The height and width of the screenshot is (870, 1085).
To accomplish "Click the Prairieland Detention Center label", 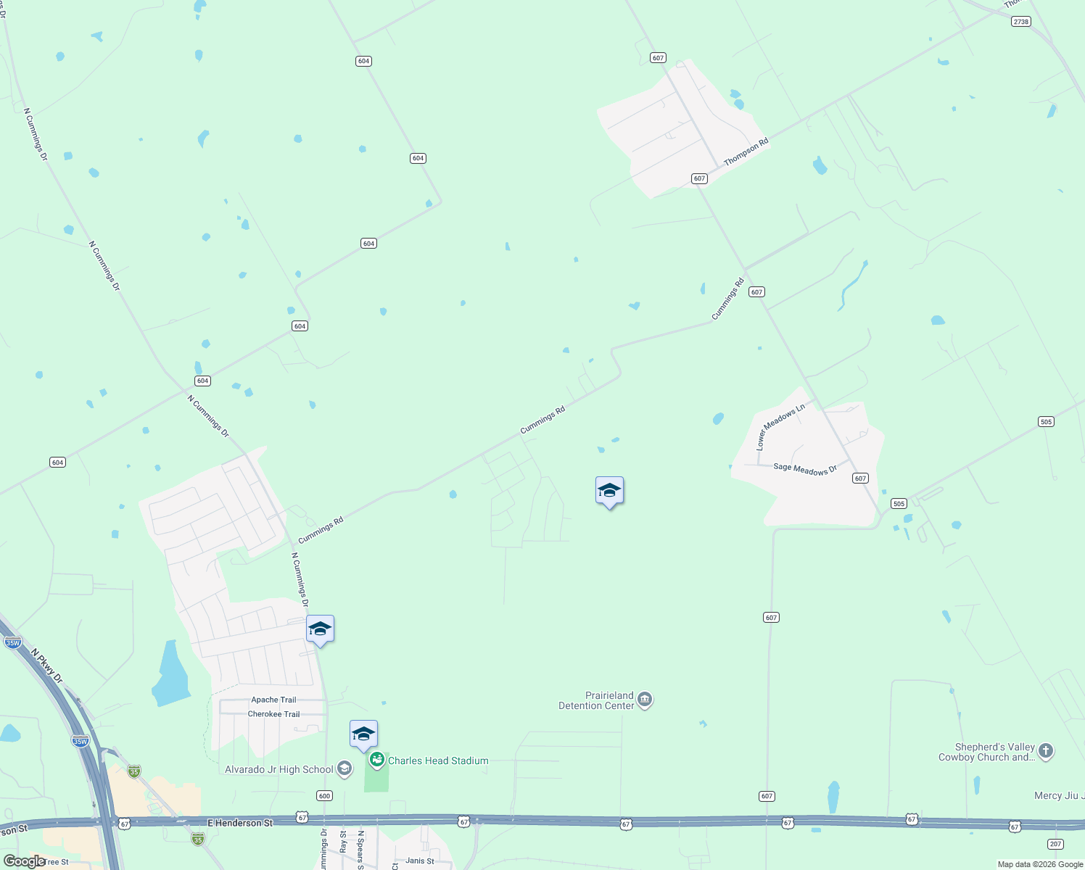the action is coord(596,700).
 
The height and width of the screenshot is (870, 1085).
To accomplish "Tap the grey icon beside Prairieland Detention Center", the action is coord(645,700).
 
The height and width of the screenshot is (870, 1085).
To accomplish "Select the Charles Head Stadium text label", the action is coord(438,761).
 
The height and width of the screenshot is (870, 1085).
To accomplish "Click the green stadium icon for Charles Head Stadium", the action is coord(376,760).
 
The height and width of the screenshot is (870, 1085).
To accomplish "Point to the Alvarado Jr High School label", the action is coord(279,769).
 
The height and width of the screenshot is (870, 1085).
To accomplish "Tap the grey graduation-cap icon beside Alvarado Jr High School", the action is coord(345,768).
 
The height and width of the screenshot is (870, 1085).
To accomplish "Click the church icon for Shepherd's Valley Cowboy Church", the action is coord(1045,751).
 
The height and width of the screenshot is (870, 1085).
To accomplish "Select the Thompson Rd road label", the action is coord(746,152).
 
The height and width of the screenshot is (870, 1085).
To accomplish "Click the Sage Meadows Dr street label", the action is coord(805,469).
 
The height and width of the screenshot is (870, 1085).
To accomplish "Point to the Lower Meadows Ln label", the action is coord(780,427).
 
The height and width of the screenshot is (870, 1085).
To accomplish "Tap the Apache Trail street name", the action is coord(273,700).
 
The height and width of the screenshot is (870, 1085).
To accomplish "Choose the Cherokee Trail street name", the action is coord(273,714).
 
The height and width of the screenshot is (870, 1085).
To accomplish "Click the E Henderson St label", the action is coord(240,823).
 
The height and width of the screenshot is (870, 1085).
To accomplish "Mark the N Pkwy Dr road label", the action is coord(47,666).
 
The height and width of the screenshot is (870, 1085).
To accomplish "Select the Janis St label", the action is coord(420,861).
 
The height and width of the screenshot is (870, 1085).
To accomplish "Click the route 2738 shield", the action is coord(1021,22).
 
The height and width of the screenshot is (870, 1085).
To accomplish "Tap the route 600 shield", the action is coord(324,796).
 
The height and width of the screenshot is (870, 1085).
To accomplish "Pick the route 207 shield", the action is coord(1055,844).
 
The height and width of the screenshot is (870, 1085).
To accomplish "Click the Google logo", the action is coord(25,861).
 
